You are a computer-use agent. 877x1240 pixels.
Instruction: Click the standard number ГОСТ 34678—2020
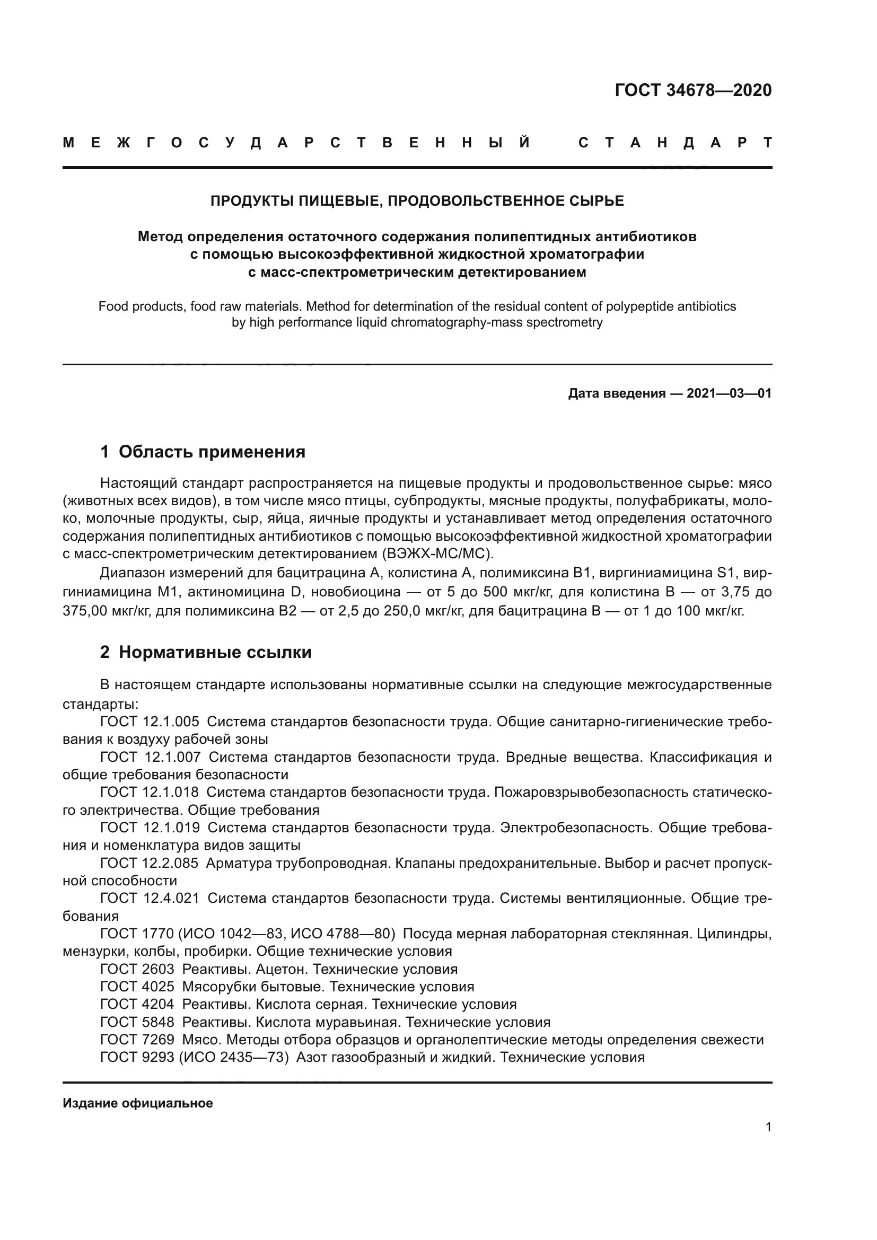point(693,90)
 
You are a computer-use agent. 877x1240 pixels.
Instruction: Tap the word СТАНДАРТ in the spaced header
point(675,143)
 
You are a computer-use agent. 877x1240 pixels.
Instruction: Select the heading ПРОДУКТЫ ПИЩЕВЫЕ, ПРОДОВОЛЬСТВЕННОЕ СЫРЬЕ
point(417,201)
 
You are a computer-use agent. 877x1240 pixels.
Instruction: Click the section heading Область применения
point(212,452)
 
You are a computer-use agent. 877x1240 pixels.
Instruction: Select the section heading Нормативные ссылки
point(215,652)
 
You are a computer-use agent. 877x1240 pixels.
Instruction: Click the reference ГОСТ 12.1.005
point(150,722)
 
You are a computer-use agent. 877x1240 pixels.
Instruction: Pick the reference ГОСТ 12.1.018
point(150,792)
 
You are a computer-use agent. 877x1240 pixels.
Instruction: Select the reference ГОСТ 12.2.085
point(149,863)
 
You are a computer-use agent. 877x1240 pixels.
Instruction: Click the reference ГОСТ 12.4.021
point(150,898)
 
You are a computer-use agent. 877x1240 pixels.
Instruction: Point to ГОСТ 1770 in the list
point(137,934)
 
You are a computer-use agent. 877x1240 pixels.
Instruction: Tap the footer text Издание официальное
point(138,1103)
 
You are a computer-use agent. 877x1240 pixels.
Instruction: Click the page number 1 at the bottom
point(768,1127)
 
